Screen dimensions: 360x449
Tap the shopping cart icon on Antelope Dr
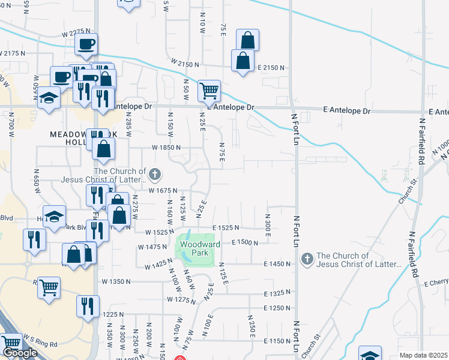pyautogui.click(x=209, y=92)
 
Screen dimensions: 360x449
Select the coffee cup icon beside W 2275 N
pyautogui.click(x=86, y=44)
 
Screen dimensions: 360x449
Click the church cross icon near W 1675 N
pyautogui.click(x=155, y=175)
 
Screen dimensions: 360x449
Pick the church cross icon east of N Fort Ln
pyautogui.click(x=307, y=259)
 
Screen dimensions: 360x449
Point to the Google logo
pyautogui.click(x=20, y=353)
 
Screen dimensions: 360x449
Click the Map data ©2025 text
pyautogui.click(x=423, y=355)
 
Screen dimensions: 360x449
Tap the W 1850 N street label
pyautogui.click(x=166, y=147)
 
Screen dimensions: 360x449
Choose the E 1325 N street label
pyautogui.click(x=278, y=293)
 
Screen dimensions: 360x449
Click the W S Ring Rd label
pyautogui.click(x=40, y=345)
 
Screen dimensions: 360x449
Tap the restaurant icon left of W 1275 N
pyautogui.click(x=88, y=307)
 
